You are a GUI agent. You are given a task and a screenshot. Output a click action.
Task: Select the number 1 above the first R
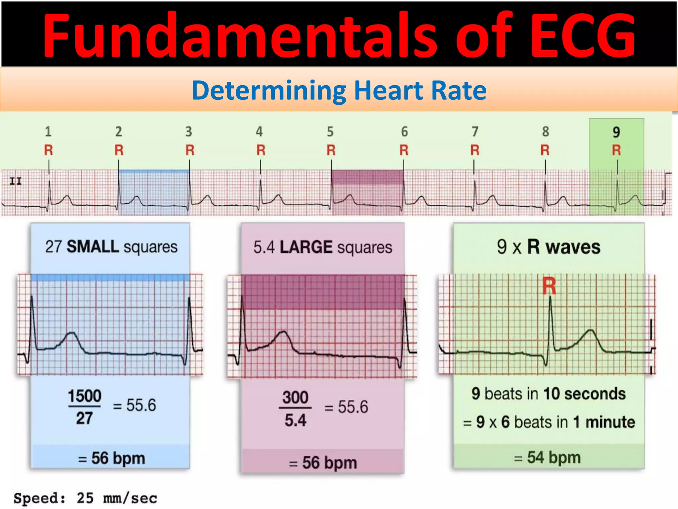tap(48, 132)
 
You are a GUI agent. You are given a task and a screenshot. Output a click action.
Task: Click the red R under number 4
tap(261, 150)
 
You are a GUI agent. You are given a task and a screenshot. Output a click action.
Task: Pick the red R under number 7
tap(475, 150)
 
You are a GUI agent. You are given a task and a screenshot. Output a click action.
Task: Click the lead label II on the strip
tap(16, 181)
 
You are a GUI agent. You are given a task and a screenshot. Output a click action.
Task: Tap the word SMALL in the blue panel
tap(93, 247)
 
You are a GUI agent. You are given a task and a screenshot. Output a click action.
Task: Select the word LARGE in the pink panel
tap(306, 247)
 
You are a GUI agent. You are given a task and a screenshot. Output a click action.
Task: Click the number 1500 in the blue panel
tap(85, 396)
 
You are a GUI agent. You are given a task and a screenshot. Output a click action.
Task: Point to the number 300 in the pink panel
tap(295, 397)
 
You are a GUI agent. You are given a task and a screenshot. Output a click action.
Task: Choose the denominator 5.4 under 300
tap(295, 420)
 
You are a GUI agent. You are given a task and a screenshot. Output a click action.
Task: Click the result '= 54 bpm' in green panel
tap(547, 458)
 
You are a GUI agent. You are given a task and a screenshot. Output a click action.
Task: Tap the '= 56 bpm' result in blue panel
tap(112, 458)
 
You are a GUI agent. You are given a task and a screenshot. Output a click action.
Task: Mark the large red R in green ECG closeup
tap(549, 286)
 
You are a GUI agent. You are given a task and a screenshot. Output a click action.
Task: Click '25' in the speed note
tap(85, 498)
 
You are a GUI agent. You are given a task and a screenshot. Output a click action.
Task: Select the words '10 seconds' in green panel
tap(584, 394)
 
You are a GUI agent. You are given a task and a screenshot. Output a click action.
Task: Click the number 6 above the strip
tap(404, 132)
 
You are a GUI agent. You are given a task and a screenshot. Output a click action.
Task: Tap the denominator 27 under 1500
tap(84, 418)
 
